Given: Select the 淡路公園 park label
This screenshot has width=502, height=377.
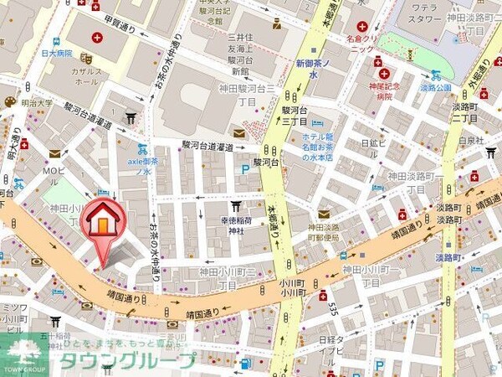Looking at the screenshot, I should tap(435, 86).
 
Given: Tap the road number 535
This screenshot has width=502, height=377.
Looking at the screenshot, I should tap(333, 311).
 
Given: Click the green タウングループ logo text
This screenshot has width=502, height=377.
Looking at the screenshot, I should tap(125, 361).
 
